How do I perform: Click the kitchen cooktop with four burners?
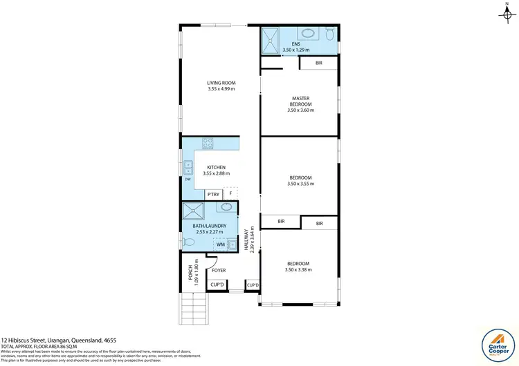click(x=207, y=144)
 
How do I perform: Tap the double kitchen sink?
click(x=188, y=167)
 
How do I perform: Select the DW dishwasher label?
click(x=188, y=181)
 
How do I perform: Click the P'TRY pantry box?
click(x=212, y=195)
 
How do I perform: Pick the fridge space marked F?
click(x=230, y=195)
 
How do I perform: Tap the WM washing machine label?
click(x=220, y=244)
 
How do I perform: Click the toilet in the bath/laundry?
click(x=190, y=242)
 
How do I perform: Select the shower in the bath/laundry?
click(x=193, y=211)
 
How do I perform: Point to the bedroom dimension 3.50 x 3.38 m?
click(x=298, y=270)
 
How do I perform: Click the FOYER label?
click(x=219, y=271)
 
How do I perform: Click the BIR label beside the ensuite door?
click(x=318, y=63)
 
